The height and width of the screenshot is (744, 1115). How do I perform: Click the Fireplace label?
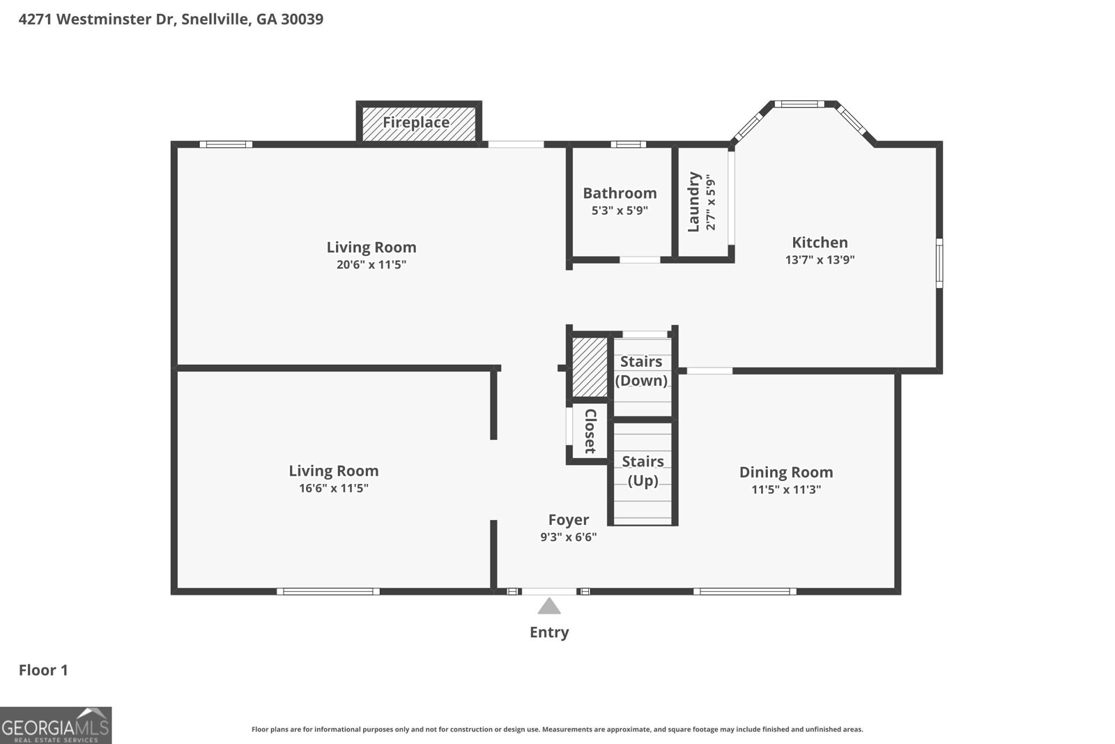415,123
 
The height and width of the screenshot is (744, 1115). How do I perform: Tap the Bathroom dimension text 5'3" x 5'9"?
620,211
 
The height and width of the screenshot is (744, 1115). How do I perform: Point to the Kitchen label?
820,243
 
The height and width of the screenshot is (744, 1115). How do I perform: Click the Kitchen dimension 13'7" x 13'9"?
820,260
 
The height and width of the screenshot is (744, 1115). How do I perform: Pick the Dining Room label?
786,472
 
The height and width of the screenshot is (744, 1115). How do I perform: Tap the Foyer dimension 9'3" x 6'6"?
569,537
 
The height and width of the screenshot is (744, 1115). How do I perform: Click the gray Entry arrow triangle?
549,606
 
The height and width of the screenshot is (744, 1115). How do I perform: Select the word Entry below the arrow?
549,632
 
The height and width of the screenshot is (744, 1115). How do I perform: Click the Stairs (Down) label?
641,371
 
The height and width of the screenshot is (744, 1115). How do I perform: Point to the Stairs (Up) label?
643,471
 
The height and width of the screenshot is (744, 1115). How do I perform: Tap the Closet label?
590,431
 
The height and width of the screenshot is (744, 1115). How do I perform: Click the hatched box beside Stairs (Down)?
590,367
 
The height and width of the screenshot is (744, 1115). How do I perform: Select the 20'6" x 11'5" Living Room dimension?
371,264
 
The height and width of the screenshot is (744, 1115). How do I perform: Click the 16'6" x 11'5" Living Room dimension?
334,488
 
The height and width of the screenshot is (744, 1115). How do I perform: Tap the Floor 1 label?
43,670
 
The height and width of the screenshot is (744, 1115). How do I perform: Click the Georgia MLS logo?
56,726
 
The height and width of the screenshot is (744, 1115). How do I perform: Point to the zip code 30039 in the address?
302,19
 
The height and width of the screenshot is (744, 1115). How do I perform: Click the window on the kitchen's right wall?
939,263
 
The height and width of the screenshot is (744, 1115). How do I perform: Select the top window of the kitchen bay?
799,104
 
